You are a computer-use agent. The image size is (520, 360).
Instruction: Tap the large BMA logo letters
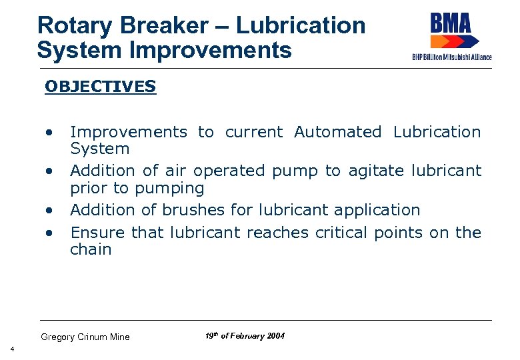(x=451, y=26)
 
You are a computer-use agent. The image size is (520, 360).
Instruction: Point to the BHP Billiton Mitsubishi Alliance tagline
(x=451, y=57)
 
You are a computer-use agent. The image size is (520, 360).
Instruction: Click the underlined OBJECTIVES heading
(x=100, y=87)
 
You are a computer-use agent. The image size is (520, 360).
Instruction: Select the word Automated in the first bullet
(x=337, y=132)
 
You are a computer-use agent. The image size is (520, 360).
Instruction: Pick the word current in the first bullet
(x=255, y=132)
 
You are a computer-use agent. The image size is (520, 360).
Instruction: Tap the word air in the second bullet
(x=173, y=171)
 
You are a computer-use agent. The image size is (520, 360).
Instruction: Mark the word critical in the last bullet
(x=341, y=233)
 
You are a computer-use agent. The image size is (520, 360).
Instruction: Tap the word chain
(x=91, y=250)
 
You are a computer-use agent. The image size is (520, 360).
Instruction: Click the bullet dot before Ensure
(x=49, y=233)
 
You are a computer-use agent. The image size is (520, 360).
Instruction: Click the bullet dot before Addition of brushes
(x=49, y=210)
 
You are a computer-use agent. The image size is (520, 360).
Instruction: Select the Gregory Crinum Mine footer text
(x=85, y=337)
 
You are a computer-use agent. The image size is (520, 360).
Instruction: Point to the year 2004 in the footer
(x=275, y=336)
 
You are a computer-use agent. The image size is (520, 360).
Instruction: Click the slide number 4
(x=11, y=349)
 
